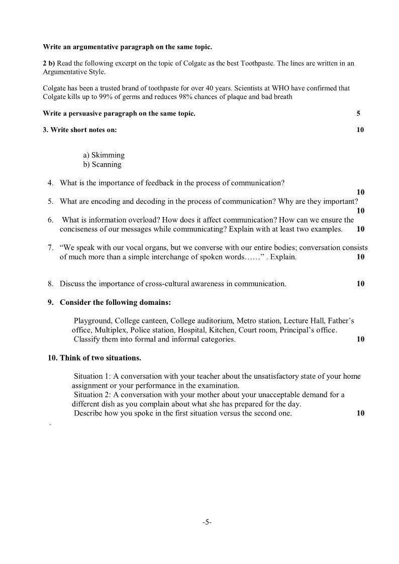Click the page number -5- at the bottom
pyautogui.click(x=207, y=522)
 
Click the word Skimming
pyautogui.click(x=108, y=155)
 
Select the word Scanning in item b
pyautogui.click(x=106, y=164)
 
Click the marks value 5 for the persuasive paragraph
pyautogui.click(x=358, y=114)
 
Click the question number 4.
pyautogui.click(x=50, y=183)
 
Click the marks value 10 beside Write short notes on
pyautogui.click(x=360, y=130)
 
